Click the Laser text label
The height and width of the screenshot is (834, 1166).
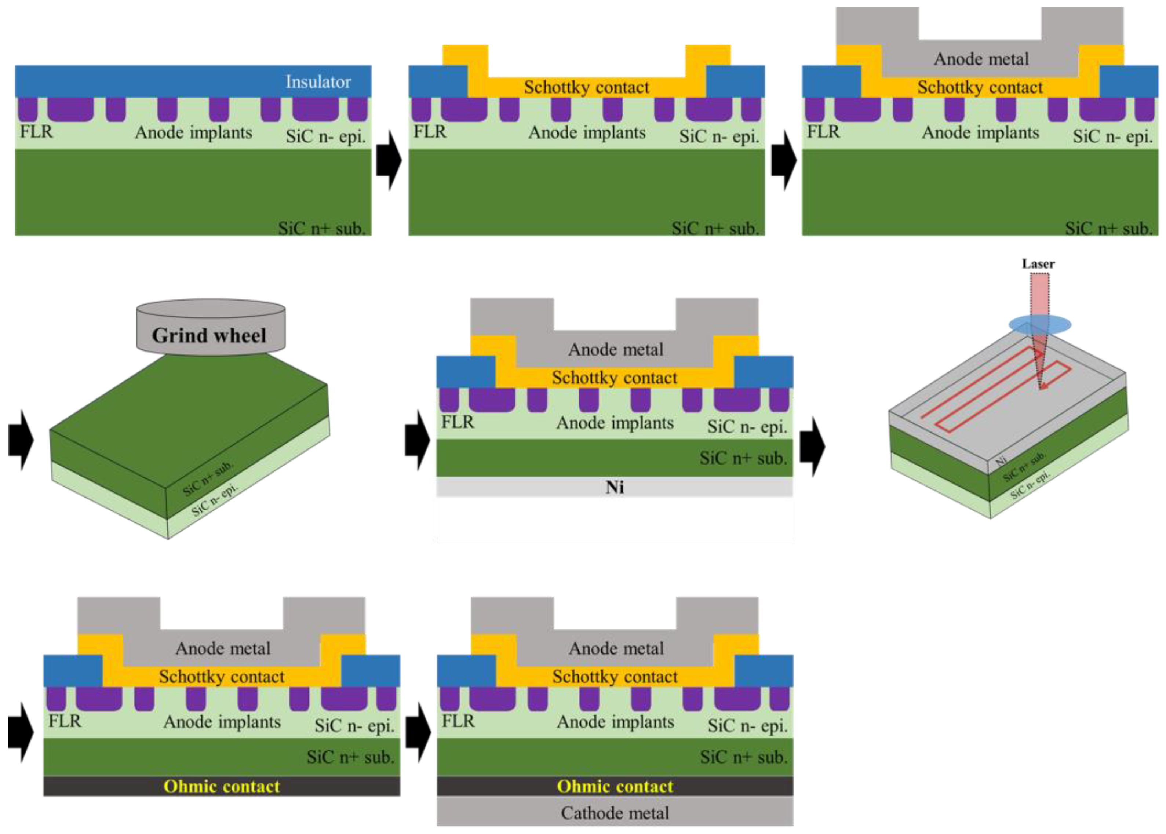point(1038,264)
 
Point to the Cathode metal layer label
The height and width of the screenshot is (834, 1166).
point(615,813)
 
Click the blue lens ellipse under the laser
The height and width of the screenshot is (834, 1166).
point(1040,325)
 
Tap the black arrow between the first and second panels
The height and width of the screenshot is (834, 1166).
point(389,160)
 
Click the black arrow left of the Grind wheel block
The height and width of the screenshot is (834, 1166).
point(21,440)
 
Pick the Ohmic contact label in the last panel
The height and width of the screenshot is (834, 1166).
point(615,786)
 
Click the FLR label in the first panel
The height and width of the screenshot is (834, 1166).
point(36,132)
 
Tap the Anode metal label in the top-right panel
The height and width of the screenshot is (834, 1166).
point(981,59)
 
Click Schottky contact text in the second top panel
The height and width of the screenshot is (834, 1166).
point(586,87)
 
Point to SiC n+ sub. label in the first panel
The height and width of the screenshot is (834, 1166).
point(321,228)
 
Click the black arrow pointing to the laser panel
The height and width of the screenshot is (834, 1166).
point(812,446)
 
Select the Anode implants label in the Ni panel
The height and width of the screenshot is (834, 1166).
point(615,423)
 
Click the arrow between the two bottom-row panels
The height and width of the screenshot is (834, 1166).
point(418,733)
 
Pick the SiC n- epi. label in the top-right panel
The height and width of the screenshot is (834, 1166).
point(1112,136)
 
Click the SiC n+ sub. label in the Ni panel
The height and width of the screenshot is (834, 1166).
point(743,458)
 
